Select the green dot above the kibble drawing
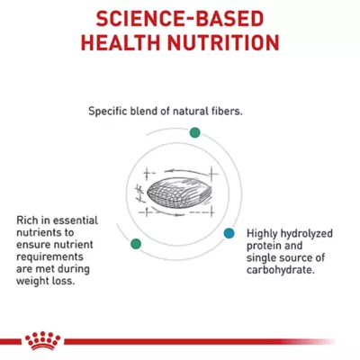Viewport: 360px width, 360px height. [x=193, y=132]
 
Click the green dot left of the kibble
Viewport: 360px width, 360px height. [x=136, y=243]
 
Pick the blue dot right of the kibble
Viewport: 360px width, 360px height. [x=229, y=232]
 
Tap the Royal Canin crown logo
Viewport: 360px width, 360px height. [x=41, y=340]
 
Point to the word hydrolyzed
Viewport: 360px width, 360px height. [x=309, y=232]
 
